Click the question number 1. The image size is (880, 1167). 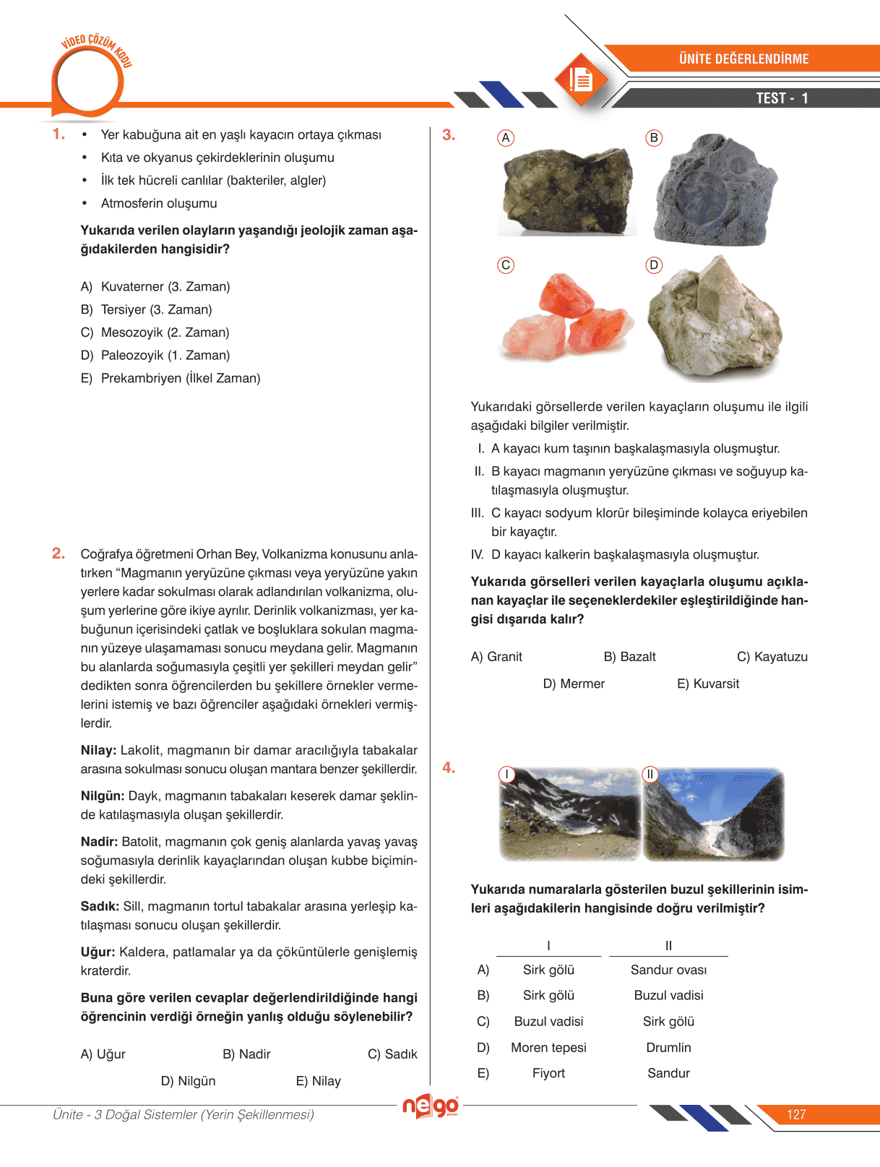pos(59,134)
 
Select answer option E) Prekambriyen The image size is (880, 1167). pos(171,378)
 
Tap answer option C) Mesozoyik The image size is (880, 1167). pos(155,332)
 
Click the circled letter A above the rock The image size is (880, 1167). pos(506,138)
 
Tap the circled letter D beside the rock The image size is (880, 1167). pos(654,265)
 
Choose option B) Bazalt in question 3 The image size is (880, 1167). pos(629,657)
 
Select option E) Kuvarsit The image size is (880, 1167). pos(707,684)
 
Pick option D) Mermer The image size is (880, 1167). pos(574,684)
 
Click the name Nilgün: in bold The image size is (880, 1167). pos(103,796)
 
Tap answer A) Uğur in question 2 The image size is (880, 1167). pos(103,1054)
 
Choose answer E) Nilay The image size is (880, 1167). pos(318,1081)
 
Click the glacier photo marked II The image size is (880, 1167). pos(713,815)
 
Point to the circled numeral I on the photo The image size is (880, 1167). pos(507,775)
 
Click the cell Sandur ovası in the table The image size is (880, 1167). pos(668,970)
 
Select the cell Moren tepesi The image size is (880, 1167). pos(548,1048)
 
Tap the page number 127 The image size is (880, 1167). pos(796,1114)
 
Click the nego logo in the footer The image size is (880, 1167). pos(431,1106)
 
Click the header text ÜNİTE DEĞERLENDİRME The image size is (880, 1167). pos(743,59)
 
